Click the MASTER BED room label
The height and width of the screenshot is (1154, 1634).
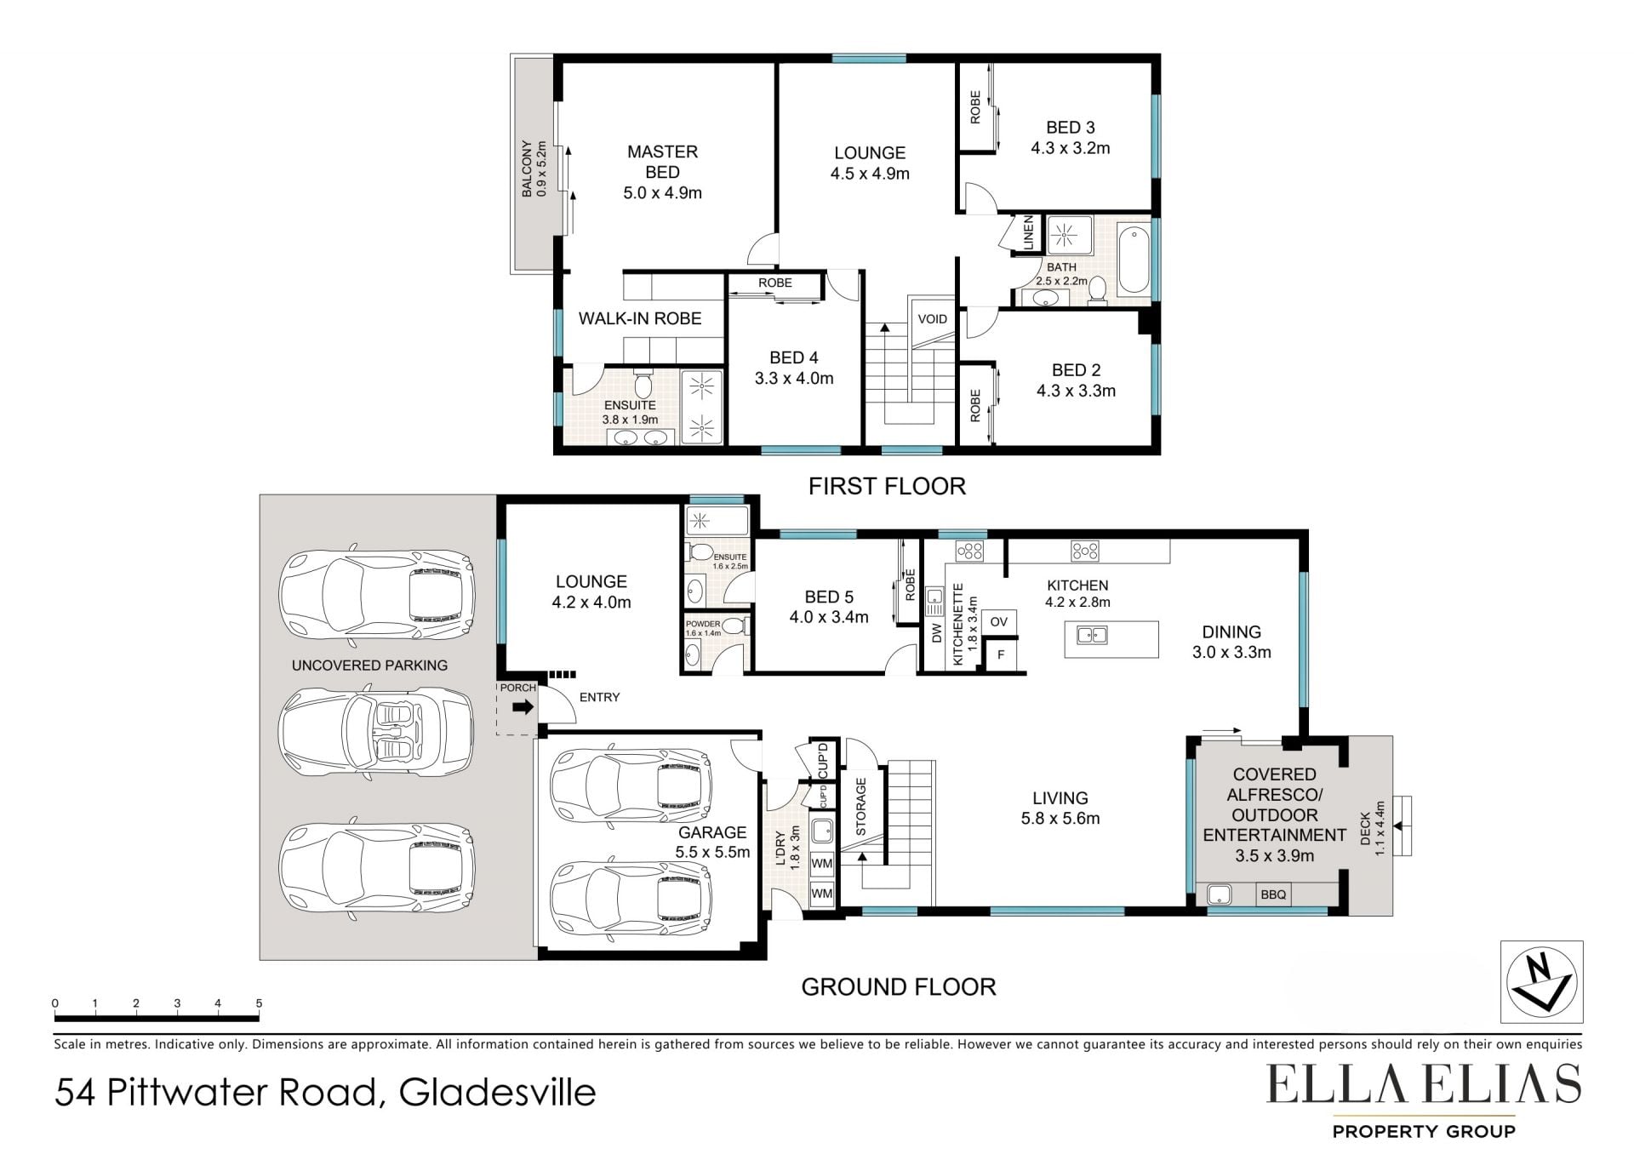(662, 162)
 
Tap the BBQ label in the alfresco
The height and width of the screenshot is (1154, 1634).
(1273, 894)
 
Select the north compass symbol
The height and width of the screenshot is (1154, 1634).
(1540, 981)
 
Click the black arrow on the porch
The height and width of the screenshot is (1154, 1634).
(523, 706)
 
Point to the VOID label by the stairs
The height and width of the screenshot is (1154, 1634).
(933, 319)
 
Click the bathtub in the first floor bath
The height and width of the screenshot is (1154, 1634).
(1134, 259)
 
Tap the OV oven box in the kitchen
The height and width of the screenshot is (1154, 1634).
(999, 621)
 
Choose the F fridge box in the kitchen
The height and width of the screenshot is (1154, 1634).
(1001, 654)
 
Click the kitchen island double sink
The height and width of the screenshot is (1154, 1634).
(1091, 635)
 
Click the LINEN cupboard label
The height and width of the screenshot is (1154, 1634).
(1028, 232)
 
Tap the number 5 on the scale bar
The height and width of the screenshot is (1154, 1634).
(259, 1003)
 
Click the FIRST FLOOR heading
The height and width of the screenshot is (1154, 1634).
(887, 486)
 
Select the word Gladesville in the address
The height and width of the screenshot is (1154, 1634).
(498, 1092)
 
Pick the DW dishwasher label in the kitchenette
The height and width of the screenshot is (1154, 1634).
(937, 633)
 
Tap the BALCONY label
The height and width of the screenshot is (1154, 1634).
(527, 169)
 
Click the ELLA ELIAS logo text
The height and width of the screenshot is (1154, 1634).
(1424, 1083)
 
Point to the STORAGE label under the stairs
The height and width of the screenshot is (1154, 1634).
(860, 806)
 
